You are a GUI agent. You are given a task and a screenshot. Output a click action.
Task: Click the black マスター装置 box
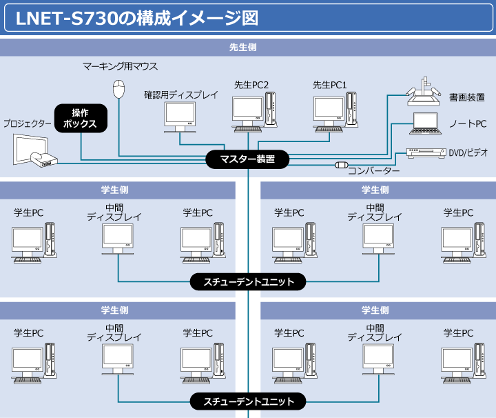[247, 160]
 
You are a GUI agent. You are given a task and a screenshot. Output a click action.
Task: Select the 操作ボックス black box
[80, 118]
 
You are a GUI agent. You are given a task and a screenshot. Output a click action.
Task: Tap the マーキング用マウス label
[120, 67]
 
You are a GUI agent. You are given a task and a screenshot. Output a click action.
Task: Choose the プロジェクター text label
[28, 124]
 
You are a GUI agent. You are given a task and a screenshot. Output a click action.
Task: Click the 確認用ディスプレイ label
[181, 94]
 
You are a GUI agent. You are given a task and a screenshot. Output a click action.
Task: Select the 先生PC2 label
[251, 85]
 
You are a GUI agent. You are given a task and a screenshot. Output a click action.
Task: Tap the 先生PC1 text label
[330, 85]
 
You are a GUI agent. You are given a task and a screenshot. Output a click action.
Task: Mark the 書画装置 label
[467, 97]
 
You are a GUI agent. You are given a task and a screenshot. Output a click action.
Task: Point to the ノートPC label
[468, 123]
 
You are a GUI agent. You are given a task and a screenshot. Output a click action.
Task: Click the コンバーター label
[373, 170]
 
